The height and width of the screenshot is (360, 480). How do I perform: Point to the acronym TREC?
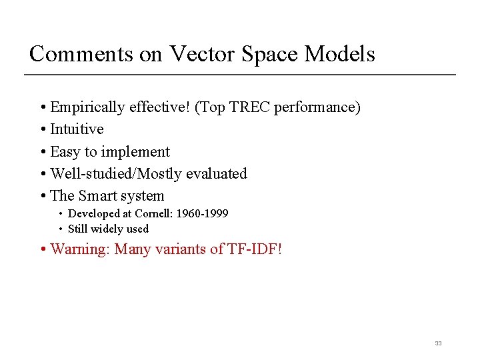247,107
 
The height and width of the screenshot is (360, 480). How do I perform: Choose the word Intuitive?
77,129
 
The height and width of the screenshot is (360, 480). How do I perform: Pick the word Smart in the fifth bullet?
97,196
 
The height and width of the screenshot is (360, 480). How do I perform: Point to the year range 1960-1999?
203,214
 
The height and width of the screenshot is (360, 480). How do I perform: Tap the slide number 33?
438,343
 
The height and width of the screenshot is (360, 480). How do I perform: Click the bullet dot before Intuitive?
43,130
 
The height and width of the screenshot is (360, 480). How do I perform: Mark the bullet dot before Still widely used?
61,229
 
